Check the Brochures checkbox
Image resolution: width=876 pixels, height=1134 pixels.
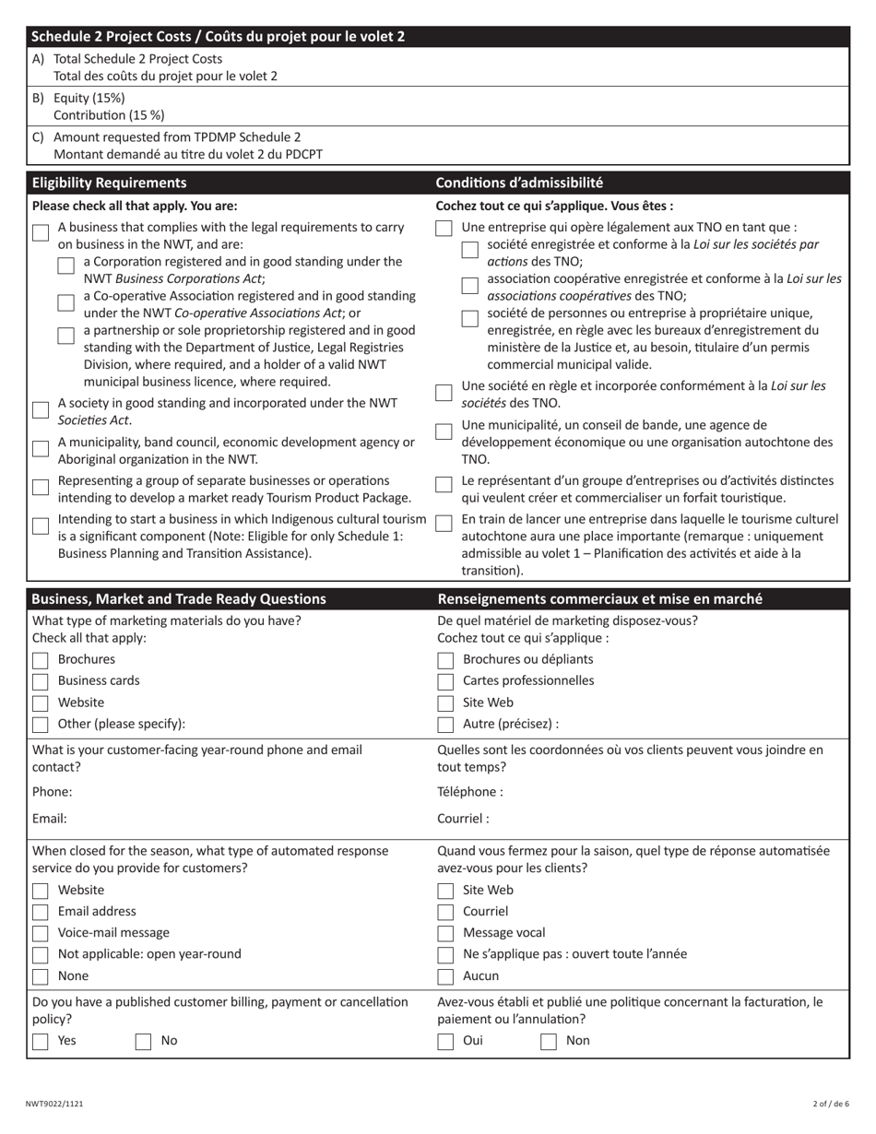(x=41, y=660)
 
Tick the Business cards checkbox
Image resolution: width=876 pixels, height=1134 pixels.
(x=41, y=681)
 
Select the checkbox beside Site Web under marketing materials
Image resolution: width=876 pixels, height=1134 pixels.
(x=445, y=703)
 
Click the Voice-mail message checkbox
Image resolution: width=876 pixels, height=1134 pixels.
(x=41, y=933)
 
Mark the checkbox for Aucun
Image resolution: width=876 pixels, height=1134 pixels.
(x=445, y=976)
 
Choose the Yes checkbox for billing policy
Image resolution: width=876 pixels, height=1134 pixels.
(x=41, y=1041)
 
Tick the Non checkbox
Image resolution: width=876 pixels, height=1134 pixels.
(x=549, y=1041)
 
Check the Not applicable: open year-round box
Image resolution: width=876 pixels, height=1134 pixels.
(x=41, y=955)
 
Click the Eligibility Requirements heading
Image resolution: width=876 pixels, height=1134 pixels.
(x=109, y=183)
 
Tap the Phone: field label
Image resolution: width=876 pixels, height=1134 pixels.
(x=52, y=791)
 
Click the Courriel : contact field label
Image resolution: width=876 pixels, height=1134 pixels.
(x=463, y=818)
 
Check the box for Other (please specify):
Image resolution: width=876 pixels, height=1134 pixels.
(x=41, y=724)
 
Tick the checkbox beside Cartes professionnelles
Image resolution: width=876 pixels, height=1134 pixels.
(x=445, y=681)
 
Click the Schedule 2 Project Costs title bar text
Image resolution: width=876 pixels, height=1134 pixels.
(x=218, y=37)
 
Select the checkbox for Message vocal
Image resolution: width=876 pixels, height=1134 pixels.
(x=445, y=933)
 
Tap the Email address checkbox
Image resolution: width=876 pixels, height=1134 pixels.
(x=41, y=912)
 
